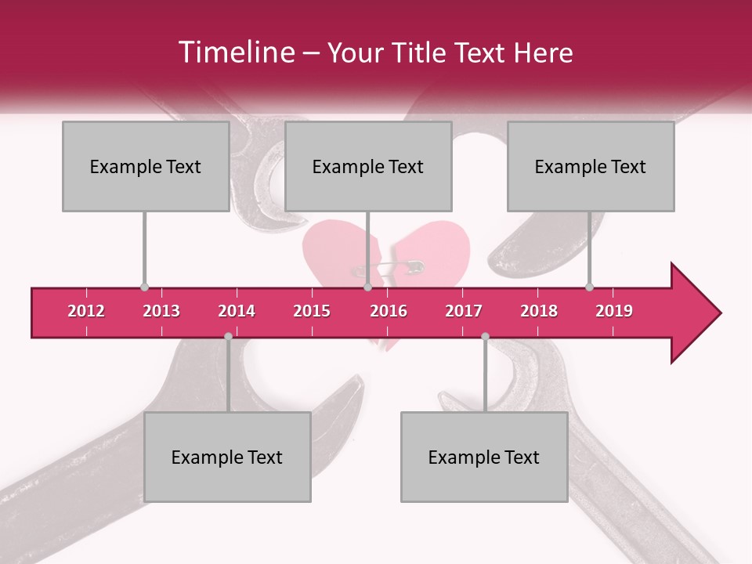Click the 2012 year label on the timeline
(86, 311)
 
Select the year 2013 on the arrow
(161, 311)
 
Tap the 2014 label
(237, 311)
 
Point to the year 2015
(312, 311)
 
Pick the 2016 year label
(389, 311)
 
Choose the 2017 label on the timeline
(464, 311)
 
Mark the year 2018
(539, 311)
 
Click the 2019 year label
(614, 311)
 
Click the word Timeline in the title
(235, 52)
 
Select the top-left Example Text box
(146, 166)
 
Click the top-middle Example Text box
(368, 166)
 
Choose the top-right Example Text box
(591, 166)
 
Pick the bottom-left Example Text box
(227, 457)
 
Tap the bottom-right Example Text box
(484, 457)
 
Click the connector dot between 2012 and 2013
(144, 287)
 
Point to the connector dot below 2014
(228, 336)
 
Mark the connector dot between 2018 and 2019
(589, 287)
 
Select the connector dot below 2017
(485, 336)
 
